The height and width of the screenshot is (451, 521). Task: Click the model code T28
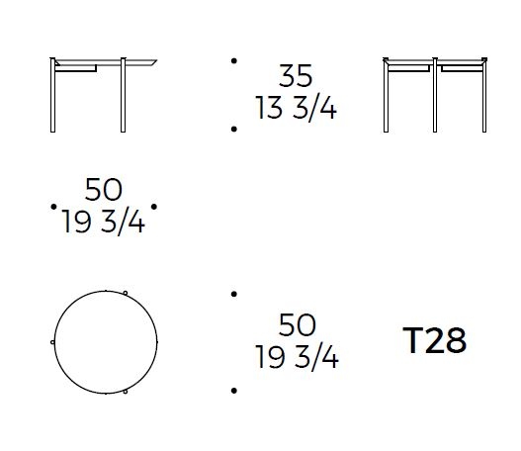click(x=435, y=340)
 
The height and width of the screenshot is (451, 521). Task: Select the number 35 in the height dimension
click(x=296, y=76)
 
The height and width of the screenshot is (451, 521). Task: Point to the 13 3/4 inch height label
click(x=296, y=108)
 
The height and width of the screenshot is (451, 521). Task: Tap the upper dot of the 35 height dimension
click(x=234, y=60)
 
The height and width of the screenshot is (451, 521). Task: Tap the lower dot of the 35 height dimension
click(x=234, y=129)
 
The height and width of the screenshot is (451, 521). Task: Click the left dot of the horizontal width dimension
click(x=53, y=207)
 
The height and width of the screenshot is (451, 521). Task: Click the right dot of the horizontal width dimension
click(x=154, y=207)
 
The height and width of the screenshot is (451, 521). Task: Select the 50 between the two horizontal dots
click(x=104, y=190)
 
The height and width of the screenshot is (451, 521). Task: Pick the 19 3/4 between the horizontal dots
click(x=104, y=222)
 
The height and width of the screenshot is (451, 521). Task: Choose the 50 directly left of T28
click(x=297, y=324)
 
